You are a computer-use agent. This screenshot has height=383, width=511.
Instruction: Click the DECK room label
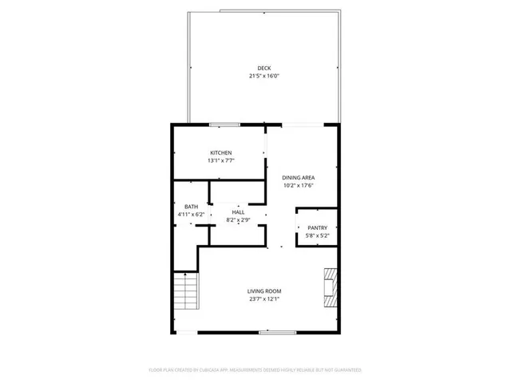(263, 67)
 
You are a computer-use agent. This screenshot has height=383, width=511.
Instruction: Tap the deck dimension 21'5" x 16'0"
(263, 76)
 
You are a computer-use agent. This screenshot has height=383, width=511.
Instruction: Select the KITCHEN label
(221, 152)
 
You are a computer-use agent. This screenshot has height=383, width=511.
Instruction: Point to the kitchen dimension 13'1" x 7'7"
(221, 161)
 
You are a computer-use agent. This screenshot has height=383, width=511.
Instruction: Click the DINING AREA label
(298, 177)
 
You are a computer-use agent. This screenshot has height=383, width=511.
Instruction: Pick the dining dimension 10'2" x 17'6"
(298, 186)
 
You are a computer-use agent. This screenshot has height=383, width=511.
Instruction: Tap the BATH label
(191, 206)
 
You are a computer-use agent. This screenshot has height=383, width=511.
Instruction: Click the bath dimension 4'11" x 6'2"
(191, 214)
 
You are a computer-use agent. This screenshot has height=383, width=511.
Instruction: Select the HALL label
(238, 211)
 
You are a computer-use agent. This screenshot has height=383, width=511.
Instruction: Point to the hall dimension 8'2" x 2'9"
(238, 219)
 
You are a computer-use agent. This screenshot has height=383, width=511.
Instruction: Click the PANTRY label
(317, 227)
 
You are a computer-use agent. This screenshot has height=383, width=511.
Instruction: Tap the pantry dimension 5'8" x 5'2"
(317, 235)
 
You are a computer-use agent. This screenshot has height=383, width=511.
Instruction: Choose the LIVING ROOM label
(263, 291)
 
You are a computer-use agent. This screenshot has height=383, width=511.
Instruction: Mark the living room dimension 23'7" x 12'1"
(263, 300)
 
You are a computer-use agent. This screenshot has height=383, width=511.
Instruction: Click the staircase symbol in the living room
(184, 290)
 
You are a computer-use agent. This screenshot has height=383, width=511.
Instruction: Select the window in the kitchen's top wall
(224, 124)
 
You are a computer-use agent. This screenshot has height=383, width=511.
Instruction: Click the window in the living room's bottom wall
(271, 332)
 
